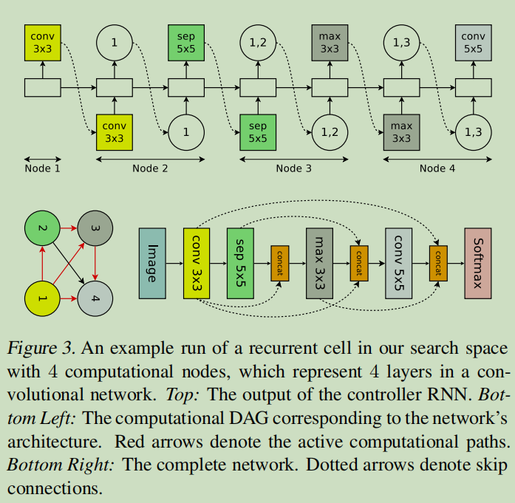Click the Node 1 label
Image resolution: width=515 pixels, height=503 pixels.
tap(42, 168)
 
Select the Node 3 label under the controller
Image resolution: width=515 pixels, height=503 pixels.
tap(293, 168)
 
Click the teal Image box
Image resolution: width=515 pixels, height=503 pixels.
tap(152, 264)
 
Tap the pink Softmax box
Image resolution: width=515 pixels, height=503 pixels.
tap(478, 264)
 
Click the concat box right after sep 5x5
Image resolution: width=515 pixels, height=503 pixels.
tap(280, 264)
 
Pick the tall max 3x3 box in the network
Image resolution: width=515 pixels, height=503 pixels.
tap(320, 264)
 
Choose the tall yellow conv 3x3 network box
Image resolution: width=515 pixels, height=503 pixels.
tap(197, 264)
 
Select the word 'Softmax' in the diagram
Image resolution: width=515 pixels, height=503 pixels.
tap(478, 264)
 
